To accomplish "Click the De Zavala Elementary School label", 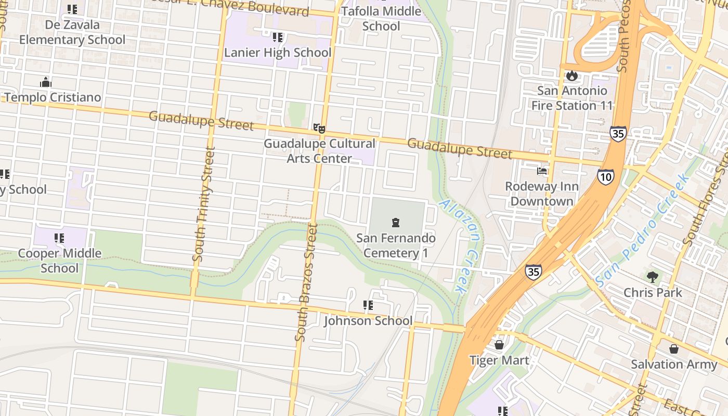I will [72, 32].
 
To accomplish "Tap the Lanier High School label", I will [277, 53].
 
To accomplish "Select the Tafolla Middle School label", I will [381, 19].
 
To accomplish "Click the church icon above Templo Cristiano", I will [46, 82].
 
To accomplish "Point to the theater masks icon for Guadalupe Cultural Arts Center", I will [319, 128].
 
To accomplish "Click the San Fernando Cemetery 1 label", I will [396, 245].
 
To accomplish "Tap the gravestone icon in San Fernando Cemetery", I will [395, 223].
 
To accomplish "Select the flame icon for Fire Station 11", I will [572, 75].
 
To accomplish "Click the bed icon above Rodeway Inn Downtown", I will [541, 171].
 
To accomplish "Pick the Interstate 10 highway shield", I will [605, 177].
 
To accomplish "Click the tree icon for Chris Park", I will [652, 277].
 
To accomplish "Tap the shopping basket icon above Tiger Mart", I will [499, 345].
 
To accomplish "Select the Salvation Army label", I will [674, 364].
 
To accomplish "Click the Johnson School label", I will [368, 321].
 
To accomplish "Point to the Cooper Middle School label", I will [59, 261].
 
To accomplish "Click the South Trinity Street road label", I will [203, 204].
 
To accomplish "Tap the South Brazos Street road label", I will [306, 282].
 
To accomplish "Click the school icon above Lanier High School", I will [278, 37].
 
